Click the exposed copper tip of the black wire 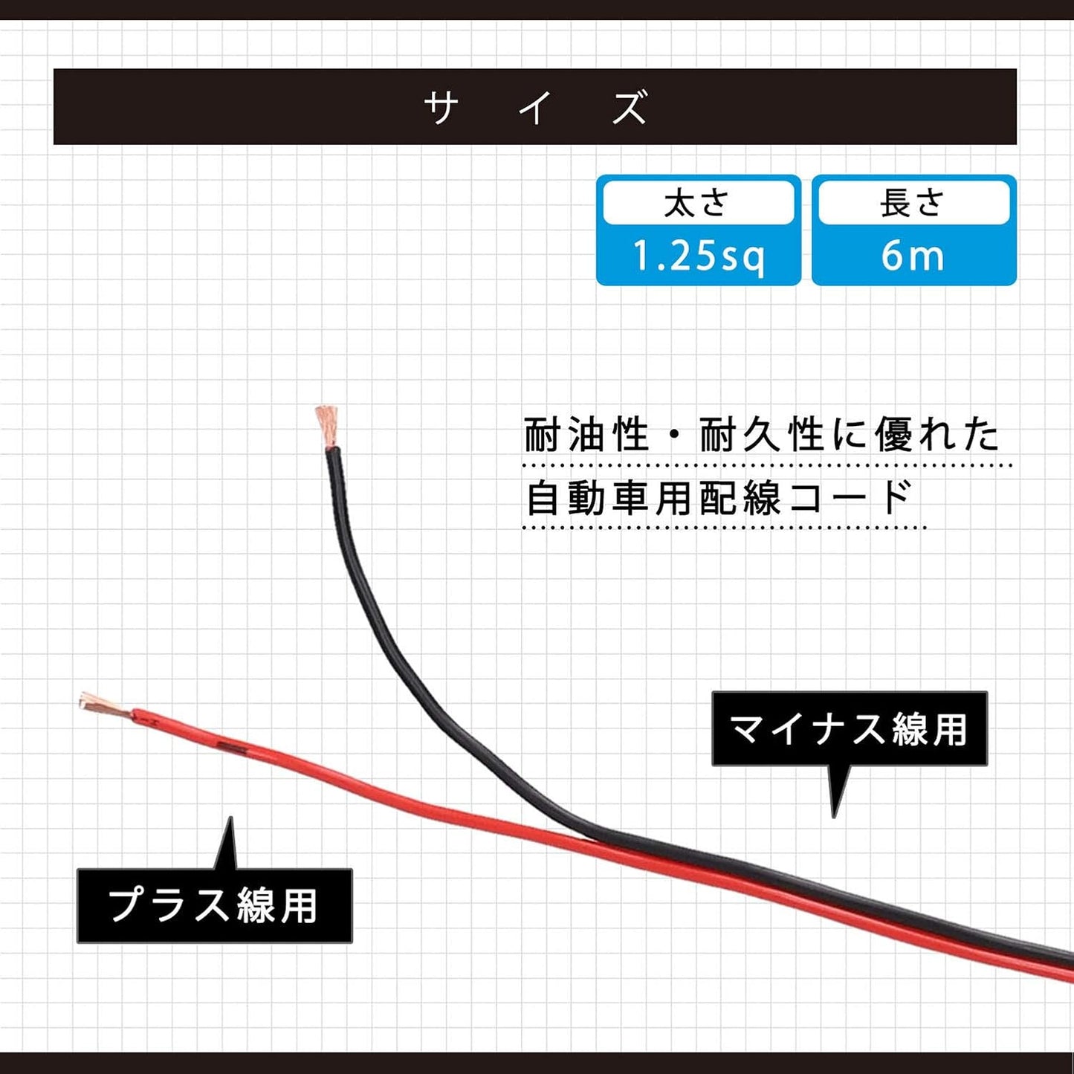pyautogui.click(x=328, y=427)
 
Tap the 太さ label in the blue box pyautogui.click(x=697, y=203)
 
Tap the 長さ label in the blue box pyautogui.click(x=913, y=203)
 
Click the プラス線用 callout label pyautogui.click(x=215, y=906)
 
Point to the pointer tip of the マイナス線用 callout pyautogui.click(x=834, y=817)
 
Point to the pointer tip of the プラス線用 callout pyautogui.click(x=230, y=818)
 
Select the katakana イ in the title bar pyautogui.click(x=536, y=107)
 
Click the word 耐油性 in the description pyautogui.click(x=587, y=435)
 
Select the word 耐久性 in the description pyautogui.click(x=763, y=435)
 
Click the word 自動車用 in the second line pyautogui.click(x=609, y=498)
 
